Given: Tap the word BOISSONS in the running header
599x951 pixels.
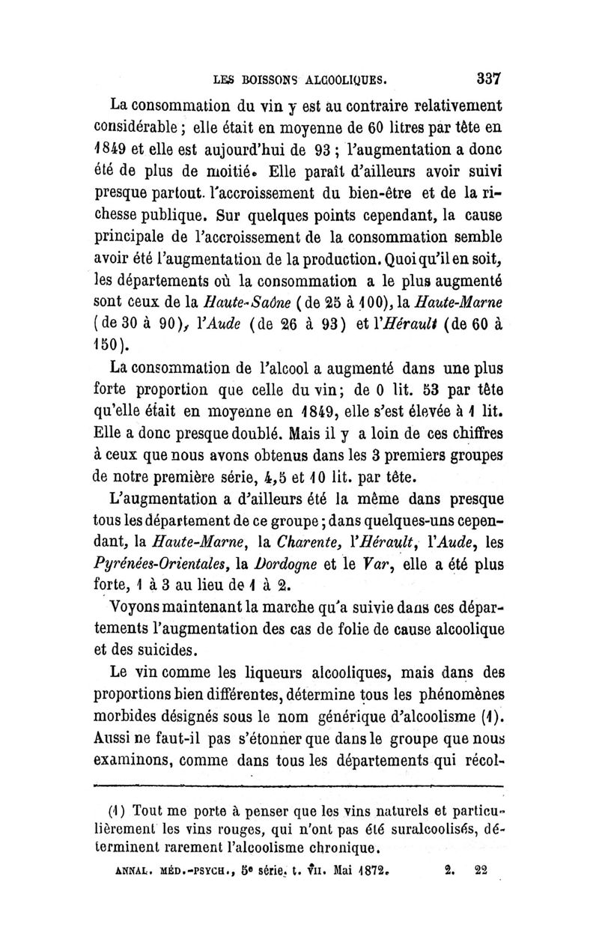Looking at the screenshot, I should tap(264, 78).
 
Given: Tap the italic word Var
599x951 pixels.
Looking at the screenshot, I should tap(372, 555).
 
